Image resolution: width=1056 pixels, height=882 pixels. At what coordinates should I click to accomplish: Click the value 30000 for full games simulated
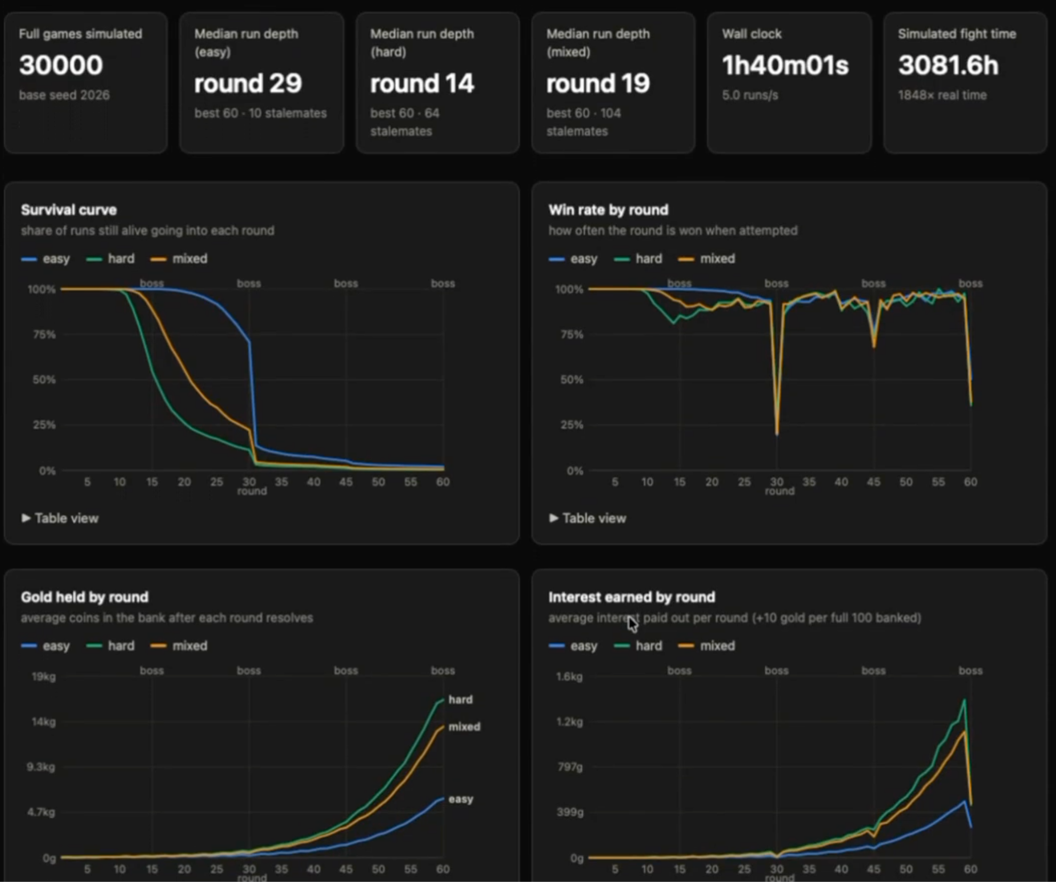61,65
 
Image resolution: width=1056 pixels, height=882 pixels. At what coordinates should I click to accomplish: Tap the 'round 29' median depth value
248,84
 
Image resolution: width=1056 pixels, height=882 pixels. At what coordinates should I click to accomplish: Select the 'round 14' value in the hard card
422,84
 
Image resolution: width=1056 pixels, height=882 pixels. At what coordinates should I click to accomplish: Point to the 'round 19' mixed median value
598,84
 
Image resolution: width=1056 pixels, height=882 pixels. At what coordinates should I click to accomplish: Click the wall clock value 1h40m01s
785,65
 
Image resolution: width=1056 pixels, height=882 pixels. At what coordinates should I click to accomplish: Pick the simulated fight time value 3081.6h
948,65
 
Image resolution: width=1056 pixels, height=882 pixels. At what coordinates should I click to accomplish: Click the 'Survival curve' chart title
69,210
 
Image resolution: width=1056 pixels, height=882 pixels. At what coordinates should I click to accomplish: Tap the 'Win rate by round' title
608,210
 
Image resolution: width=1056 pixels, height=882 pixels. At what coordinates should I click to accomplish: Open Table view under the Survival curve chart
60,518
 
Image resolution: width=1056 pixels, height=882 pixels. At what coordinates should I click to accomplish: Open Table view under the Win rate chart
588,518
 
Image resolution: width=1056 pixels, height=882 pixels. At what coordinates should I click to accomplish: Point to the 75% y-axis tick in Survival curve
44,335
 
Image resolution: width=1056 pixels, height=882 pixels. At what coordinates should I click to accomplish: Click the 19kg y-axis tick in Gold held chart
44,676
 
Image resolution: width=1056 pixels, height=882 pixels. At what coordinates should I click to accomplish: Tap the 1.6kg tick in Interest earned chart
569,676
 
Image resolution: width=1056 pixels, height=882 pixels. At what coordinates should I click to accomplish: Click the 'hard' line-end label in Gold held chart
460,700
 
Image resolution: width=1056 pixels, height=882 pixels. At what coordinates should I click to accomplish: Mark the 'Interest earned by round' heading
632,597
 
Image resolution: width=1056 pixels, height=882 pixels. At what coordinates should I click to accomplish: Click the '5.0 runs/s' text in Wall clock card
750,95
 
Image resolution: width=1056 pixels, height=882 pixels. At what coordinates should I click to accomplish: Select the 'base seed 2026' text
64,95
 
